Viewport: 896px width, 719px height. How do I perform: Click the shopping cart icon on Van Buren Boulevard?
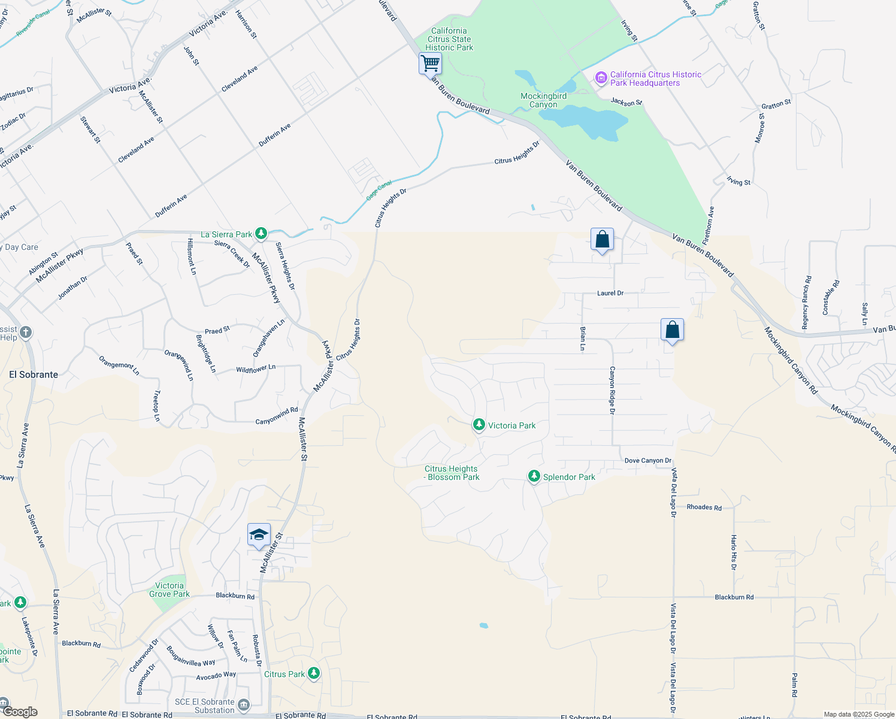[430, 63]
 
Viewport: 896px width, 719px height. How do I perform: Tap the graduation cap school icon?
[259, 534]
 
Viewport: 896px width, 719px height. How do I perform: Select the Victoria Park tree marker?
[479, 425]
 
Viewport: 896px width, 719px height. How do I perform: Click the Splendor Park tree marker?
[534, 476]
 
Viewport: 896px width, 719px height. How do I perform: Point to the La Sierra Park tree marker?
[261, 233]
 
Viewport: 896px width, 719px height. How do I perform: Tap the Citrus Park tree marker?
[313, 673]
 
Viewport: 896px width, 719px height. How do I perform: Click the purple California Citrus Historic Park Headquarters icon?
[601, 78]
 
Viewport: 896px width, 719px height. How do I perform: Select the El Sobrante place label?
[34, 374]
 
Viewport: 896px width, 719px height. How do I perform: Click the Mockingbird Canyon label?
[543, 100]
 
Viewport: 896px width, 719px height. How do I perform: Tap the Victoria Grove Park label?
[169, 590]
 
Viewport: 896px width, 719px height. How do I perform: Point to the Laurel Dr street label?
[610, 293]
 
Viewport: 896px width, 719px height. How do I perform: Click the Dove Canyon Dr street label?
[648, 461]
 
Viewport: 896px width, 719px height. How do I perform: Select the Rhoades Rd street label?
[704, 507]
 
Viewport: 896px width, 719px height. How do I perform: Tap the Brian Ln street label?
[583, 338]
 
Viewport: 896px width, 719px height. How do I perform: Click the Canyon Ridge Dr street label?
[612, 390]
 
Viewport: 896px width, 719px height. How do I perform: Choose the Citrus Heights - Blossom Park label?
[452, 473]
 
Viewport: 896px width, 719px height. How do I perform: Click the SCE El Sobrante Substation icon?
[244, 705]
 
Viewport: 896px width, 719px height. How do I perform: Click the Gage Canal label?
[379, 190]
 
